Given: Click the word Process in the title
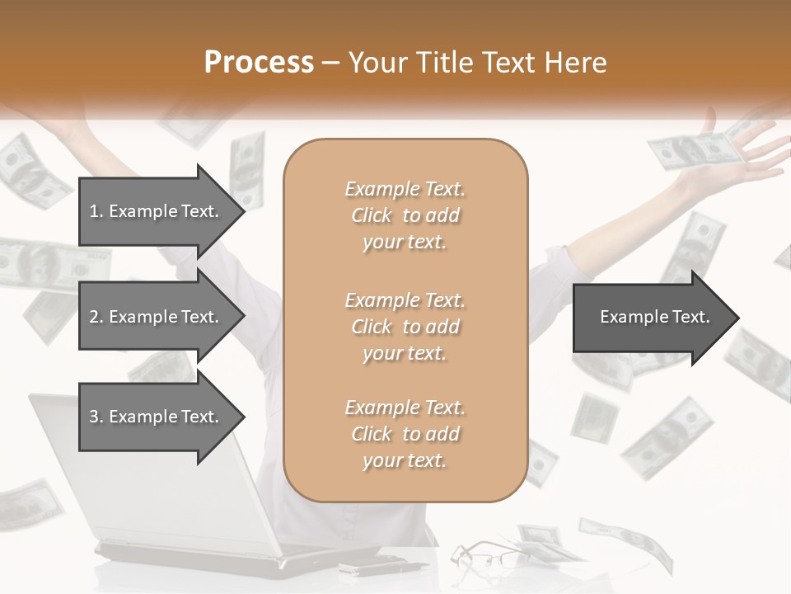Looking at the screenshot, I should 259,63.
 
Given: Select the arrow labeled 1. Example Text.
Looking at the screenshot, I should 157,211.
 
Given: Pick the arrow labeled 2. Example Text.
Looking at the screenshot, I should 157,317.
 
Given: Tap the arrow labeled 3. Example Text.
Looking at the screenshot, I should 157,417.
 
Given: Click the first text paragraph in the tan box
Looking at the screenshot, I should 405,215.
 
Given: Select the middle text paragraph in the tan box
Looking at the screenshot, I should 405,327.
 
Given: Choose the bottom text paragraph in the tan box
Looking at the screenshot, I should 405,434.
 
